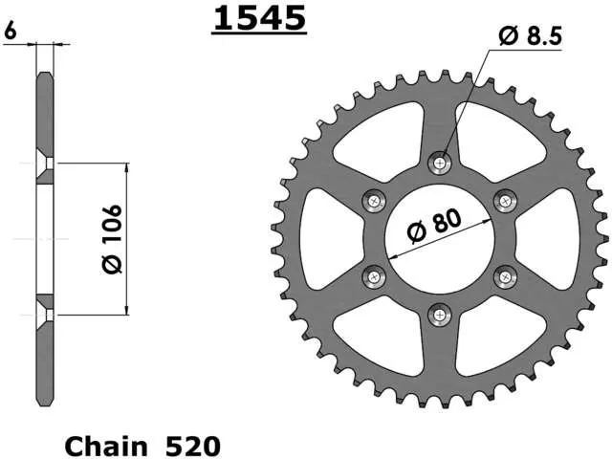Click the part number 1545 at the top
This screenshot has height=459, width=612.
pos(259,18)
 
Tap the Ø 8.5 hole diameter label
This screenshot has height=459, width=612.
pos(531,36)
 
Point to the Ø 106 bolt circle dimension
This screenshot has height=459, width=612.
pos(112,239)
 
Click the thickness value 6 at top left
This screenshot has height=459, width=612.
pos(11,31)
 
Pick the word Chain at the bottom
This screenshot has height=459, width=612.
pos(106,446)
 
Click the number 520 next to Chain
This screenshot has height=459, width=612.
pos(193,446)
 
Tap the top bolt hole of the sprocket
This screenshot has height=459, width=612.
pos(440,163)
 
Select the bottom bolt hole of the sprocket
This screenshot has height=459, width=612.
pos(440,315)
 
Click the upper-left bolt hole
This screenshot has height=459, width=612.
pos(374,201)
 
